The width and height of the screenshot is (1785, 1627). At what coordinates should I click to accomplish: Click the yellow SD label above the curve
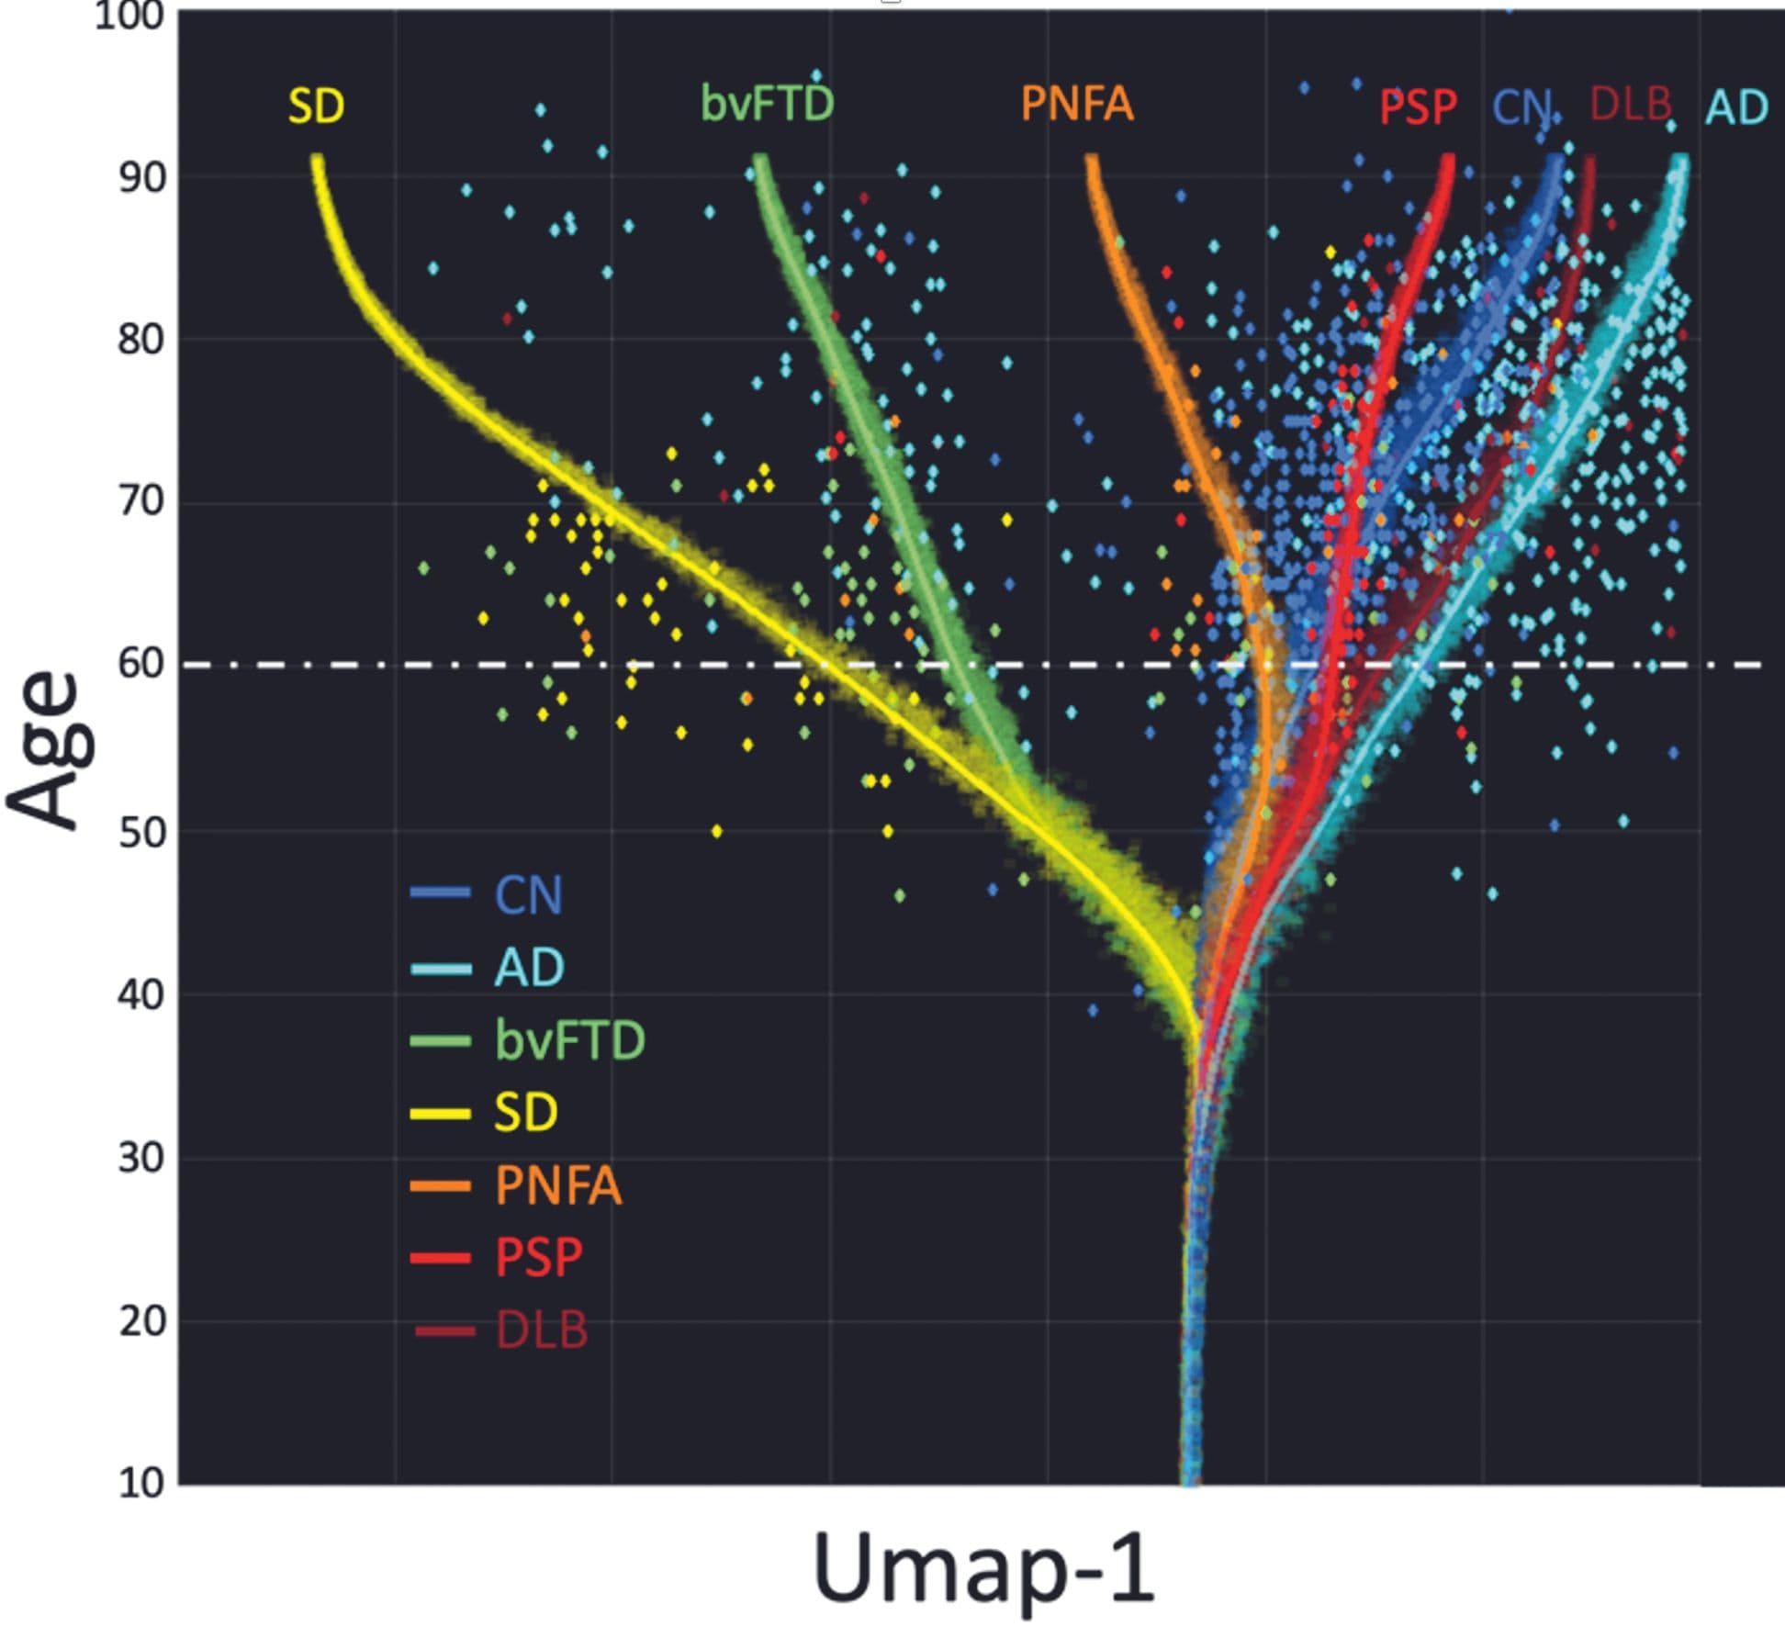click(316, 107)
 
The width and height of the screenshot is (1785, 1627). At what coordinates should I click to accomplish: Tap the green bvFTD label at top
click(768, 102)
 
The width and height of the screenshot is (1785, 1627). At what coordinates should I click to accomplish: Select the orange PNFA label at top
click(1077, 103)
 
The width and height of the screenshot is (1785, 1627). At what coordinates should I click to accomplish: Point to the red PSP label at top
click(1418, 107)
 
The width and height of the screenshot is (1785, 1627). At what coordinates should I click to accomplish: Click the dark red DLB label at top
click(1630, 104)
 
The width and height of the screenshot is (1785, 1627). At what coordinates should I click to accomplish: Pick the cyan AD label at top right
click(1736, 107)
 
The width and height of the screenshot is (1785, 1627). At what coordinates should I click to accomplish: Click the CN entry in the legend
click(528, 894)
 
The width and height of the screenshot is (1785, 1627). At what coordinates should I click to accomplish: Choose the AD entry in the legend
click(529, 967)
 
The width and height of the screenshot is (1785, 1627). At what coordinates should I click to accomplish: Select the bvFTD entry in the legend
click(569, 1040)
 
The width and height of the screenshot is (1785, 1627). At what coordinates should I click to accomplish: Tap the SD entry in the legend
click(525, 1112)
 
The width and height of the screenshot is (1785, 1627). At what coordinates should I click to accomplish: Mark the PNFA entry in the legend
click(557, 1185)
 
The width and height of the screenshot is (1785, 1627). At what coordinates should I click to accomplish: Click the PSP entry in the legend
click(538, 1257)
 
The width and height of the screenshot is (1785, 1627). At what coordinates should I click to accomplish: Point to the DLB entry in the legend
click(541, 1330)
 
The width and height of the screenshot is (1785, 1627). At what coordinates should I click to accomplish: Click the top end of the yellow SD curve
click(317, 159)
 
